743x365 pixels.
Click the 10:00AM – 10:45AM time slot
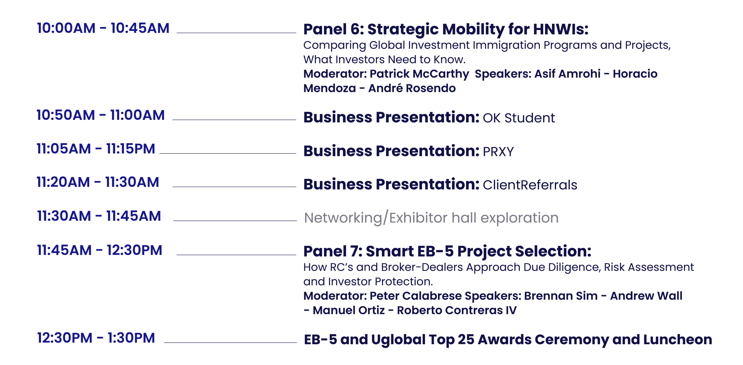tap(103, 28)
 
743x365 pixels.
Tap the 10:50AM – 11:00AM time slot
tap(100, 115)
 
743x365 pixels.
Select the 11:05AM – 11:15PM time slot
tap(96, 149)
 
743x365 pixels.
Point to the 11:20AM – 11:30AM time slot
tap(98, 182)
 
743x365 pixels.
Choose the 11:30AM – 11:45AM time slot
tap(99, 216)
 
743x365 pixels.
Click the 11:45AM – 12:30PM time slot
tap(100, 250)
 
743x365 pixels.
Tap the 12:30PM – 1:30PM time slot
tap(96, 338)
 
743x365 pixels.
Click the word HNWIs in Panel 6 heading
tap(561, 29)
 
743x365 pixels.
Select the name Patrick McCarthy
tap(419, 74)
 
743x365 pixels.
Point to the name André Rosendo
tap(412, 88)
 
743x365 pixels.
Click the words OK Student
tap(519, 118)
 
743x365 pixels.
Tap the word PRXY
tap(498, 152)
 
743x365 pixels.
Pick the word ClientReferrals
tap(530, 185)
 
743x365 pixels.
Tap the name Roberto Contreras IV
tap(457, 310)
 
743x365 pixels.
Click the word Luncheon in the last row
tap(678, 339)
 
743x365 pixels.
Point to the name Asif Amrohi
tap(567, 74)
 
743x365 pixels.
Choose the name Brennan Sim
tap(561, 296)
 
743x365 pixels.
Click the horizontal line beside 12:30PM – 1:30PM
tap(230, 343)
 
